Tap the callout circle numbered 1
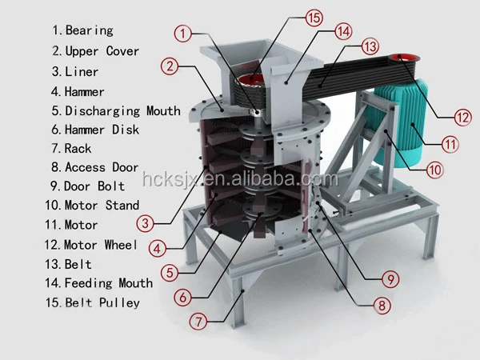185,34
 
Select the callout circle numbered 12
462,116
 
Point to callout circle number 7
198,322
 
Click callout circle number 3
145,223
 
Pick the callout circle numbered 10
434,170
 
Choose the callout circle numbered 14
343,31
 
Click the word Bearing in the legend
89,30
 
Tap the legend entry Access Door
102,167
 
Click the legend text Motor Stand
102,206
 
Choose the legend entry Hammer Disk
102,129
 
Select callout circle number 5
168,272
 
